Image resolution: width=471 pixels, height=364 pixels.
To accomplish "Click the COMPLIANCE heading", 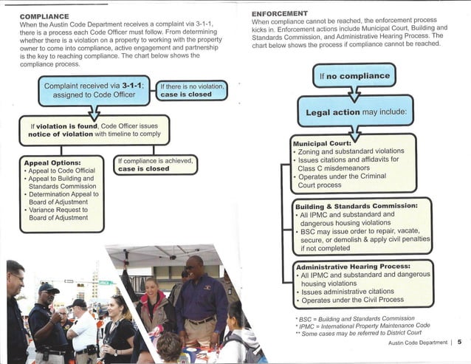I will tap(44, 16).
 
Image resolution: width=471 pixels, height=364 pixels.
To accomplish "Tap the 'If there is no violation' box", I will tap(190, 89).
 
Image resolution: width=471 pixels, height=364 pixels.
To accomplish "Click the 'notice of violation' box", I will tap(94, 131).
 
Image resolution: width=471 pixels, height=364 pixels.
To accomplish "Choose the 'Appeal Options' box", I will tap(62, 193).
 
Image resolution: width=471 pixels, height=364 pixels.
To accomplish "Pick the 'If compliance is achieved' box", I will tap(155, 164).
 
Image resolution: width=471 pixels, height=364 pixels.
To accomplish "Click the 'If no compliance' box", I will tap(354, 75).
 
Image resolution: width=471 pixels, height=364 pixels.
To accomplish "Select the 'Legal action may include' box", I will tap(356, 113).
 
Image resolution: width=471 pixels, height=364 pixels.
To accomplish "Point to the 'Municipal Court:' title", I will tap(320, 143).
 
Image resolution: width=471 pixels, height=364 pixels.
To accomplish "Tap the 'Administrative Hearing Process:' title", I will tap(352, 266).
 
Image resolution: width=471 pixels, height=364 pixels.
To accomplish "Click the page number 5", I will tap(458, 342).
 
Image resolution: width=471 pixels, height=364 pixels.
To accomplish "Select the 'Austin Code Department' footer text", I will tap(416, 343).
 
